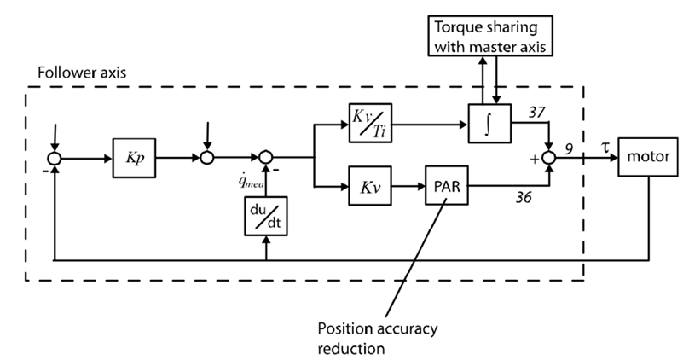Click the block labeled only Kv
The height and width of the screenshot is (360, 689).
pos(368,185)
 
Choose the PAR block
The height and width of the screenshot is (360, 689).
pos(444,185)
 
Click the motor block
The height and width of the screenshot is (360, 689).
pos(646,158)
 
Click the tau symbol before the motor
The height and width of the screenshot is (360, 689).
pos(601,147)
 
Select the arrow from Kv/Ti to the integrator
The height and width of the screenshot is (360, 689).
pos(430,123)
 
